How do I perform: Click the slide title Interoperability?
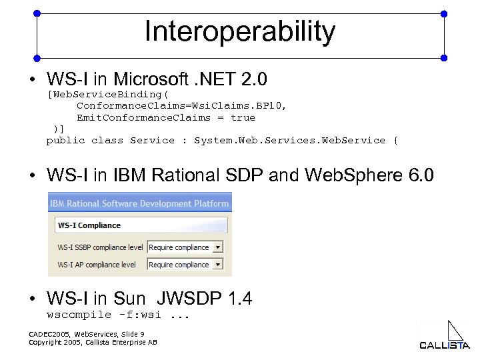point(240,32)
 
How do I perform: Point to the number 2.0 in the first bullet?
point(254,80)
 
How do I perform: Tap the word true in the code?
point(243,117)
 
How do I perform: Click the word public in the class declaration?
point(65,140)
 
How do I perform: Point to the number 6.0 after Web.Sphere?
point(420,176)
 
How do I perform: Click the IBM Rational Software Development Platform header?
point(140,203)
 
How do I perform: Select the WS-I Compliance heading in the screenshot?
point(90,225)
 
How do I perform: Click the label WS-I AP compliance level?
point(97,265)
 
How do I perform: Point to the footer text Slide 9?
point(129,333)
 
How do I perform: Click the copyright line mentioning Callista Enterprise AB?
point(93,342)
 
